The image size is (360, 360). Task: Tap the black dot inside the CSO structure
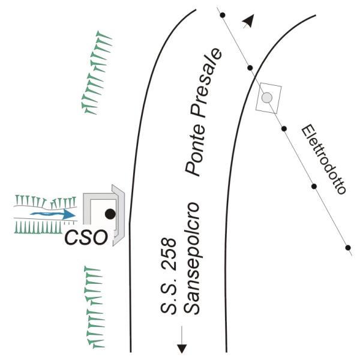click(x=110, y=213)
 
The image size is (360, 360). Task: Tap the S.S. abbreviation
click(x=169, y=300)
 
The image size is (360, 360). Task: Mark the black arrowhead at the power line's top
click(x=247, y=22)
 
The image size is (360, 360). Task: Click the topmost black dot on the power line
click(x=222, y=14)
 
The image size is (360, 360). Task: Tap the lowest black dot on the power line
click(x=348, y=247)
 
